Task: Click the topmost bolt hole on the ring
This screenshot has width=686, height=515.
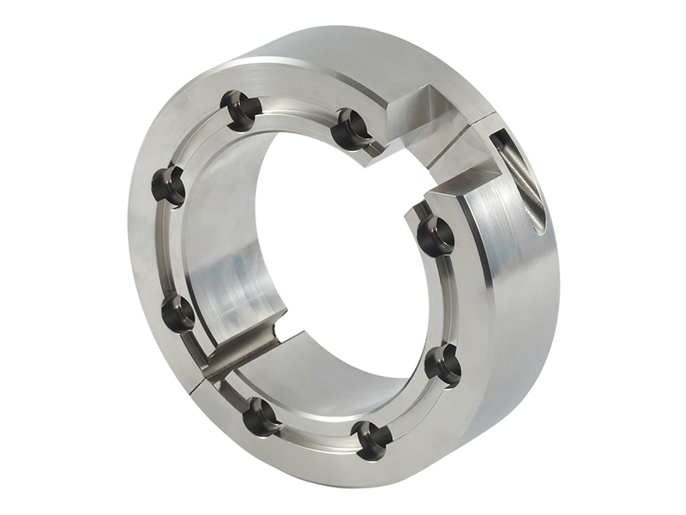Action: click(241, 109)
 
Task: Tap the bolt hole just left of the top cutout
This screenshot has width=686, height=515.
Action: click(352, 128)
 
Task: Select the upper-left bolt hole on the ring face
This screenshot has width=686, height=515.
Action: click(169, 185)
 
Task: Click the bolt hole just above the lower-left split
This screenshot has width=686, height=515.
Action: click(178, 312)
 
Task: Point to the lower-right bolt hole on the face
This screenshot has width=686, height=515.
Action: click(442, 364)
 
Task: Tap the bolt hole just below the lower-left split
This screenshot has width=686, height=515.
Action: click(261, 416)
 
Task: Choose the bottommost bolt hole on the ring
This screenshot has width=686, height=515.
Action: click(372, 439)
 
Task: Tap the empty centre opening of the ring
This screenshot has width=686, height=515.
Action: click(343, 257)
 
